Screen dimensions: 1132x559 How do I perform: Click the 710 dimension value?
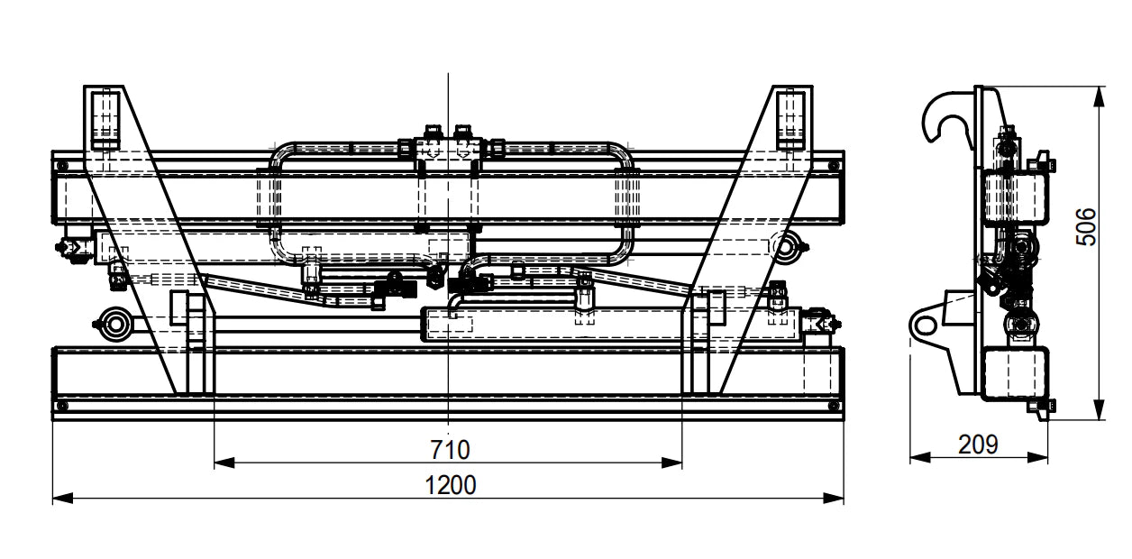point(450,449)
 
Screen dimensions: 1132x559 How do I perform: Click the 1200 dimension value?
point(451,485)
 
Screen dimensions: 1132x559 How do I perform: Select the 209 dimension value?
point(979,444)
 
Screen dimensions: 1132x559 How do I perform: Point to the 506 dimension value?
point(1087,227)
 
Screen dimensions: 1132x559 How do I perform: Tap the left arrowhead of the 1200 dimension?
point(63,499)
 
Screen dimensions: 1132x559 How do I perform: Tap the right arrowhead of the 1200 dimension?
point(834,499)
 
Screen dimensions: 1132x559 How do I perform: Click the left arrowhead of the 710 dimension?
point(224,463)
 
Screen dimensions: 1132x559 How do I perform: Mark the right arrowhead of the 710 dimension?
point(672,463)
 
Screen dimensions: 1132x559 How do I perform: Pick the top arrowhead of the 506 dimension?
point(1099,96)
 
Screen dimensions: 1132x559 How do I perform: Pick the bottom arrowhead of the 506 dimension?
point(1099,409)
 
